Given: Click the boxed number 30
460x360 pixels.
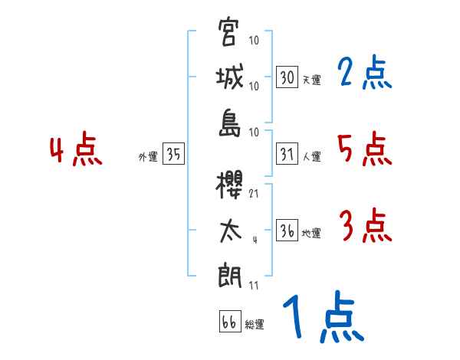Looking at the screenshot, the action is tap(287, 77).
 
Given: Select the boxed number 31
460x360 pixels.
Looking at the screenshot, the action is tap(287, 154).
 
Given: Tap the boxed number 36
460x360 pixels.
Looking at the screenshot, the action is tap(287, 231).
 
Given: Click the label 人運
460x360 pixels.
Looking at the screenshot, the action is tap(311, 157).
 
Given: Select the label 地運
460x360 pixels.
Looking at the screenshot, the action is tap(311, 234).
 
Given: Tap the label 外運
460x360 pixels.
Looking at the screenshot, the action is tap(147, 157).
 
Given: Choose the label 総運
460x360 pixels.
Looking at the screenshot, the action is tap(255, 325).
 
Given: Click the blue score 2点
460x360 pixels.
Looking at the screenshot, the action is tap(364, 74).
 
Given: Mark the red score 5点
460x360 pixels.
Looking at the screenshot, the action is tap(364, 149).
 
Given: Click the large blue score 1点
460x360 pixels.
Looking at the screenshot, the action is tap(322, 317).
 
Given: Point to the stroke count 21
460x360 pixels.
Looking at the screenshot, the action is tap(254, 193).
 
